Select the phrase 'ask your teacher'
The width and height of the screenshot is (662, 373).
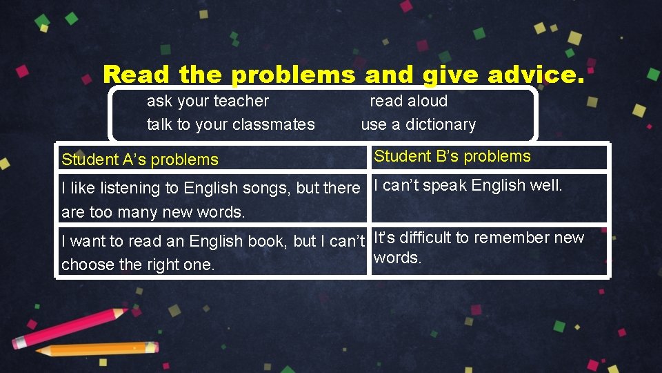pos(208,101)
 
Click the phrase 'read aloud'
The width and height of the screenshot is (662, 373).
pos(409,101)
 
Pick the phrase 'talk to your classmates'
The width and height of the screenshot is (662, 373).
pos(230,124)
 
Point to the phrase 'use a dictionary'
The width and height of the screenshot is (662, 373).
pos(419,124)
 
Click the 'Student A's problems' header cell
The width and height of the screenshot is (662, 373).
pos(140,160)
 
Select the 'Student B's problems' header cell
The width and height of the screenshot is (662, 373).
pos(452,156)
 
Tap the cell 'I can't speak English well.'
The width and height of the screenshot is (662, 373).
pos(468,185)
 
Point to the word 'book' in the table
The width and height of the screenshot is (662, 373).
pos(268,241)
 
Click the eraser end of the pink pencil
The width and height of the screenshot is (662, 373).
pos(21,343)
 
